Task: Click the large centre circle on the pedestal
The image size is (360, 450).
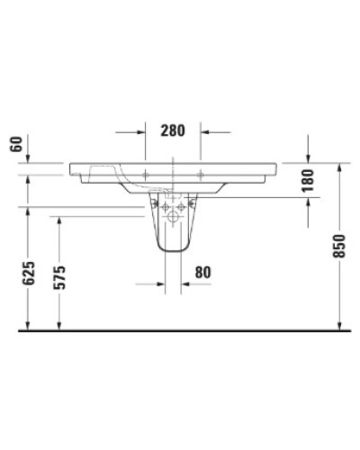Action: (174, 215)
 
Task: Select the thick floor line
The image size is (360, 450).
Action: (180, 331)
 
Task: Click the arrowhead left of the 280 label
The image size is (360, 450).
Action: (141, 131)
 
